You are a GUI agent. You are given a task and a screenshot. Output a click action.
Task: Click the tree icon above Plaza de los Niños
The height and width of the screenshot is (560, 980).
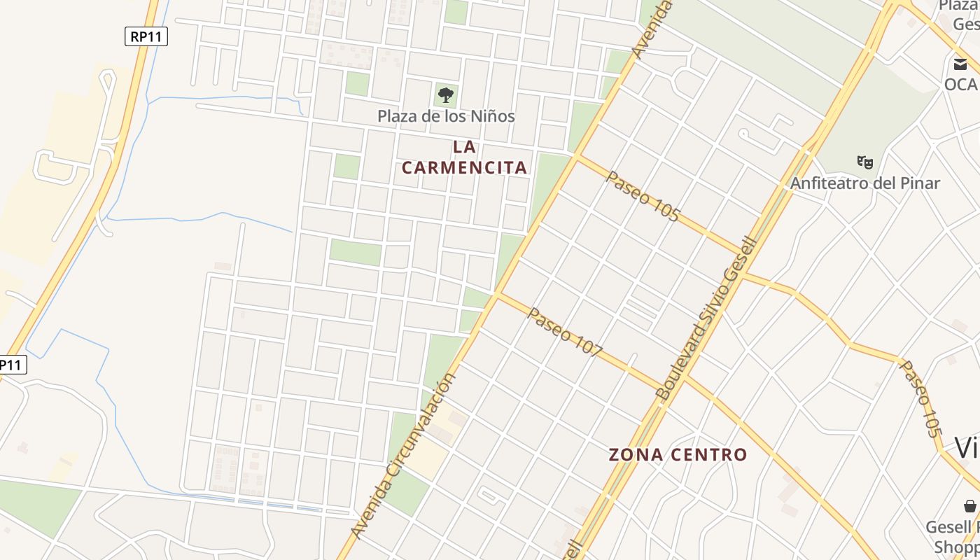pos(445,94)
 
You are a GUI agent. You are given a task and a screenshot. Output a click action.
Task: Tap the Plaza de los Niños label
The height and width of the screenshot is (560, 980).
pos(446,116)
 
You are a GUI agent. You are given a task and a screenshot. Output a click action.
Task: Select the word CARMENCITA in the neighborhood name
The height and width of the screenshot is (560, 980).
pos(464,168)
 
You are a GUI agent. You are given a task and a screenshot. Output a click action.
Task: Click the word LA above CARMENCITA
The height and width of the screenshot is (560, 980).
pos(464,148)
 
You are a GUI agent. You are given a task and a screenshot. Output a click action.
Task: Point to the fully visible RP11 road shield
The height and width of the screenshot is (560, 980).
pos(146,36)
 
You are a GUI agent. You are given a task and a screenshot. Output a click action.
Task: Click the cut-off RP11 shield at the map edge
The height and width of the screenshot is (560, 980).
pos(12,365)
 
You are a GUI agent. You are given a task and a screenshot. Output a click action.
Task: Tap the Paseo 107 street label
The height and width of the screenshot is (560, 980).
pos(564,332)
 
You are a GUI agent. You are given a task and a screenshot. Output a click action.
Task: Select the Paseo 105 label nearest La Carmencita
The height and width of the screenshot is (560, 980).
pos(643,196)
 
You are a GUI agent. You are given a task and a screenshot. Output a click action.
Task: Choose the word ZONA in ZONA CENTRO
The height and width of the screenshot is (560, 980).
pos(636,455)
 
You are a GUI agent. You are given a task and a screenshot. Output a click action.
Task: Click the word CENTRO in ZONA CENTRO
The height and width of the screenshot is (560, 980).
pos(708,455)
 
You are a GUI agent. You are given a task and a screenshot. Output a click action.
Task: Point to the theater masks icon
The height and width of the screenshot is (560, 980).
pos(865,162)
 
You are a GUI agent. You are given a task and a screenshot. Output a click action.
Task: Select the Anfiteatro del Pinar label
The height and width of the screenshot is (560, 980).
pos(864,183)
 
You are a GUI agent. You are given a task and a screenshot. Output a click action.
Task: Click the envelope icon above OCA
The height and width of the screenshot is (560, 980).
pos(960,64)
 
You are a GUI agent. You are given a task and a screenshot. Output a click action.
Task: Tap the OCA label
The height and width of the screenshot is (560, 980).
pos(960,84)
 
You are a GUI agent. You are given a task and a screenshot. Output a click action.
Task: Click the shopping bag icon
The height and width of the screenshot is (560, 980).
pos(969,506)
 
